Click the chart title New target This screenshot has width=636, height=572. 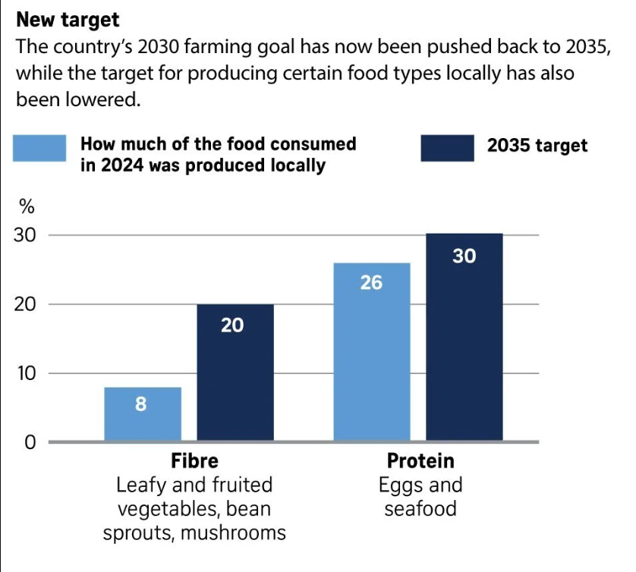point(68,18)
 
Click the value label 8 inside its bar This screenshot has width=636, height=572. point(141,404)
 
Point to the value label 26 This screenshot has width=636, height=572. point(371,283)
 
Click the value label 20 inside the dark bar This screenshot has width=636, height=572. point(232,325)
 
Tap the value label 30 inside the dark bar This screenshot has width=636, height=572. point(464,256)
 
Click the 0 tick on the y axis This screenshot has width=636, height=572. point(30,442)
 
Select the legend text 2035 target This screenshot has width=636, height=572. point(537,146)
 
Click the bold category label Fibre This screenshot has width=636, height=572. point(194,460)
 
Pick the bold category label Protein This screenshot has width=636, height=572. point(420,460)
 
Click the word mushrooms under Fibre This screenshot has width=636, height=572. point(234,533)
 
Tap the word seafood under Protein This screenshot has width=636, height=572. point(420,508)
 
